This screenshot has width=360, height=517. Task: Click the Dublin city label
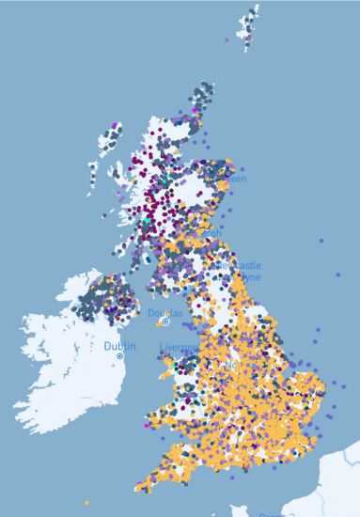tap(119, 346)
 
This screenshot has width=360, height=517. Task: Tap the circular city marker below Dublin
tap(119, 357)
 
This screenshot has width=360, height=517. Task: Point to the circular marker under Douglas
tap(165, 321)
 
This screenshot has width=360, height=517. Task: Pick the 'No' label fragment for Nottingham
tap(231, 363)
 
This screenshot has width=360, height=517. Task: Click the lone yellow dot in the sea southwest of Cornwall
tap(86, 501)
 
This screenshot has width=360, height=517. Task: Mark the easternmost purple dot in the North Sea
tap(321, 241)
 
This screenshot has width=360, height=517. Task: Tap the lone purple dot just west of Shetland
tap(227, 40)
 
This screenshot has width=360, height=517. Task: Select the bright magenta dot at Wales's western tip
tap(148, 425)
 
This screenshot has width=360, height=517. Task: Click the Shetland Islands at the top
tap(249, 23)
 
